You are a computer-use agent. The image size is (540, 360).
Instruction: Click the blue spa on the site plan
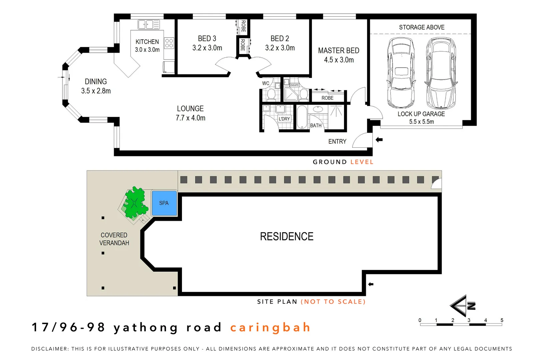tap(164, 203)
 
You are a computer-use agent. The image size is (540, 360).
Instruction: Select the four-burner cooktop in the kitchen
tap(169, 43)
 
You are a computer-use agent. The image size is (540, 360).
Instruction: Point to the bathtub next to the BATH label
tap(302, 117)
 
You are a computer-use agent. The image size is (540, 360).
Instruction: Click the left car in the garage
tap(401, 72)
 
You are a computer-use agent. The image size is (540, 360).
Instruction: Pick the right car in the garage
tap(441, 72)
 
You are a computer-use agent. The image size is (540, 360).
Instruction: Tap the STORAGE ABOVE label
tap(422, 27)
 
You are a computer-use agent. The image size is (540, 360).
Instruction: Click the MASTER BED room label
tap(339, 51)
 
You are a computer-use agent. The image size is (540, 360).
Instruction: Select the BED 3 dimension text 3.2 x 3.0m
tap(207, 48)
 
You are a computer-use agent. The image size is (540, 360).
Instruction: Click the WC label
tap(266, 83)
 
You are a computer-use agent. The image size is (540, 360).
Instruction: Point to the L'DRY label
tap(284, 119)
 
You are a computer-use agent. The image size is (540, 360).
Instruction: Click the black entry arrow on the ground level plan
tap(379, 140)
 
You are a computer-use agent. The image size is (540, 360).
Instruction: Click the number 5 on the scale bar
tap(502, 320)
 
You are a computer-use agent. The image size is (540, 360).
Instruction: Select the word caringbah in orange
tap(270, 327)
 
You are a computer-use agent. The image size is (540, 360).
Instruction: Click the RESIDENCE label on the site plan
tap(287, 236)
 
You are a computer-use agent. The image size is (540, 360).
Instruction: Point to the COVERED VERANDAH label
tap(114, 239)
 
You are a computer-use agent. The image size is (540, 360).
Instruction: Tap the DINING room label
tap(96, 82)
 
